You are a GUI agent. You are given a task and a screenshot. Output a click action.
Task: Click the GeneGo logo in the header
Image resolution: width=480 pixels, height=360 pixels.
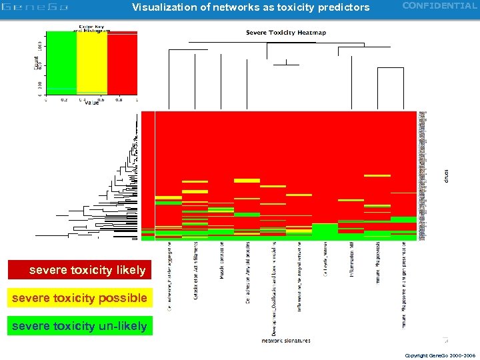[35, 7]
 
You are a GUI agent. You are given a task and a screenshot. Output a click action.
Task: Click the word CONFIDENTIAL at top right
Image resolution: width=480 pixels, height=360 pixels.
[439, 6]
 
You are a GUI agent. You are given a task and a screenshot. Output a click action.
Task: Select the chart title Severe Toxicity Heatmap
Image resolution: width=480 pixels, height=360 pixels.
[286, 33]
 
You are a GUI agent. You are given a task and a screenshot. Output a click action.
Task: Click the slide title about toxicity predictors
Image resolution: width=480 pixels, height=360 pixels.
[250, 7]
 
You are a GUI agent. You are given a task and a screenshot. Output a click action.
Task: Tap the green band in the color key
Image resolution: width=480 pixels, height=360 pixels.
[61, 63]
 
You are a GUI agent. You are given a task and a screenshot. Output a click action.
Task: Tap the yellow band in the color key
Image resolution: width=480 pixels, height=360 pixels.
[91, 63]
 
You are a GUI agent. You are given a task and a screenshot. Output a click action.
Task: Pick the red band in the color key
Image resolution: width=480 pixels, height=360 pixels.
[122, 63]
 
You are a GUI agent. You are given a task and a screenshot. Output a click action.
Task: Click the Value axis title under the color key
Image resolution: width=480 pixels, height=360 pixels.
[91, 103]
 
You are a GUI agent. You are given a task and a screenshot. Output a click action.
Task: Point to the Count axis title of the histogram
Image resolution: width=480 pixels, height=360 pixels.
[36, 63]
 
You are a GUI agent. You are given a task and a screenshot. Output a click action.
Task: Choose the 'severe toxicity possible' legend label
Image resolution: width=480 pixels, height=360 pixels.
[80, 298]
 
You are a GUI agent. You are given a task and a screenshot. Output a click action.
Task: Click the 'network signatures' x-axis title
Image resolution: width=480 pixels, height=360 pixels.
[285, 341]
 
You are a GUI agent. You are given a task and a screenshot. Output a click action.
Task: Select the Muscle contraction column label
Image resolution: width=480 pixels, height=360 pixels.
[221, 265]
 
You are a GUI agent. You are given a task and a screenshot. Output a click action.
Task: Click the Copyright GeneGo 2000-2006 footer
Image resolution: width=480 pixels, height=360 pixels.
[440, 355]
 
